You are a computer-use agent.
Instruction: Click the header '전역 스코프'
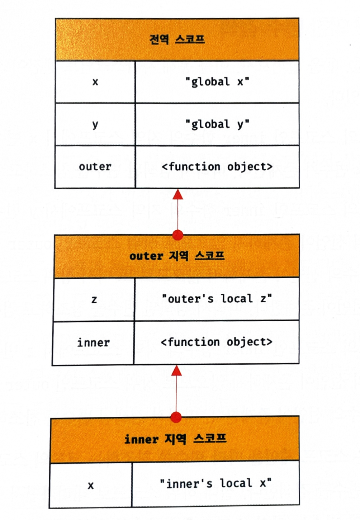click(177, 39)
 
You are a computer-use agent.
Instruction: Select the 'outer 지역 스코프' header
click(176, 256)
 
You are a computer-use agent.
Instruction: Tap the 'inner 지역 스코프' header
click(175, 439)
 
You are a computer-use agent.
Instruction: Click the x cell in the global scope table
click(95, 82)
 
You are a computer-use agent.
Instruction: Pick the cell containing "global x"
click(217, 82)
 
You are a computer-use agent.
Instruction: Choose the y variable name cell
click(95, 124)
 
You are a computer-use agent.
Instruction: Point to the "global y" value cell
click(217, 124)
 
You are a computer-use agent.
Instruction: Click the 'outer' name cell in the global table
click(95, 167)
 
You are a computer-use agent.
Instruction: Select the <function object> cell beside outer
click(217, 167)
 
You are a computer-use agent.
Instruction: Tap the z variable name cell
click(94, 299)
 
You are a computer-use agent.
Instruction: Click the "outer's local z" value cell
click(217, 299)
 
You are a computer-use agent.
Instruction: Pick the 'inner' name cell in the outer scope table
click(93, 343)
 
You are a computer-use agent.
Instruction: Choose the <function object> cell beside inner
click(216, 342)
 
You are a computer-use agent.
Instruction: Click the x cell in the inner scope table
click(91, 485)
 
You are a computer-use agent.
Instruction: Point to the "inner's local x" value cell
click(215, 483)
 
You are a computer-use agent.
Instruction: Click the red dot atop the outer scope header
click(177, 235)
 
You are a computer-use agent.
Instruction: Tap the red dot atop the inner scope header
click(176, 417)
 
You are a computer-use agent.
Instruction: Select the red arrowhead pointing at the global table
click(177, 194)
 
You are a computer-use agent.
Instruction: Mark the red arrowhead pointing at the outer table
click(176, 371)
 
